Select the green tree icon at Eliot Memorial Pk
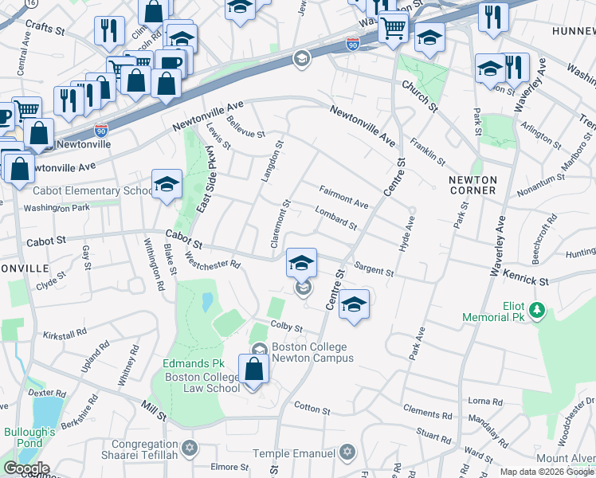[x=538, y=308]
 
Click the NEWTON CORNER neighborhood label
[x=472, y=185]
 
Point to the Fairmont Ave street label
[x=343, y=198]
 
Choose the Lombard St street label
[x=335, y=219]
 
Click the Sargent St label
[x=374, y=271]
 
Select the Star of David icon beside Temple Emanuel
[x=346, y=453]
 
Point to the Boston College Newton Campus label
[x=312, y=352]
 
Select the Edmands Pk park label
[x=186, y=364]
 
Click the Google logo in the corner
[x=26, y=468]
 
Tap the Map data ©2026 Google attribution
[x=547, y=472]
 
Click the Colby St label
[x=287, y=327]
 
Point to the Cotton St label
[x=312, y=409]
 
